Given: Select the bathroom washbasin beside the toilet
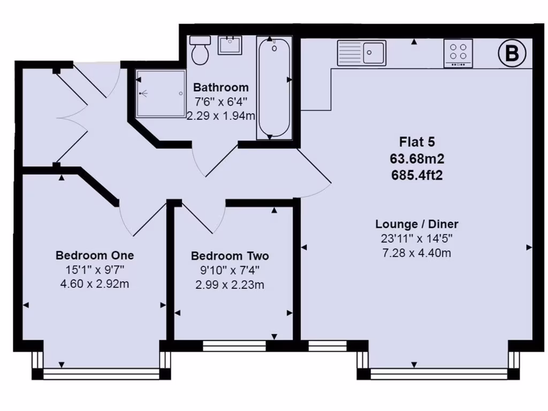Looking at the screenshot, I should (x=230, y=45).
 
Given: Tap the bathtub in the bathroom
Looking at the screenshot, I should (x=274, y=88).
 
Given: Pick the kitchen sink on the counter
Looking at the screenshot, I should (x=361, y=52).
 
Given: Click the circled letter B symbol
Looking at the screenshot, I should (x=512, y=54).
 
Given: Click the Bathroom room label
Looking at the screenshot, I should (x=221, y=87).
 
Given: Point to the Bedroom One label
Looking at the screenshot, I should (x=95, y=255).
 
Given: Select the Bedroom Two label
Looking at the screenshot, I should (x=230, y=256).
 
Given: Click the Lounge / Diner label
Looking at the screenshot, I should (x=417, y=224).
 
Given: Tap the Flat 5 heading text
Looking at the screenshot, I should (x=417, y=142).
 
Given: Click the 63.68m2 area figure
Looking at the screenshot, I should (x=417, y=158).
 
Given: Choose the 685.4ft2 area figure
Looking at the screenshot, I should (x=417, y=174).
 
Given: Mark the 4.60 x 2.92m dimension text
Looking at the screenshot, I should (x=95, y=284).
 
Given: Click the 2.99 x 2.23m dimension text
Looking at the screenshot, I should (x=230, y=285).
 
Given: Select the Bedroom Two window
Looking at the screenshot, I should (x=234, y=346).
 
